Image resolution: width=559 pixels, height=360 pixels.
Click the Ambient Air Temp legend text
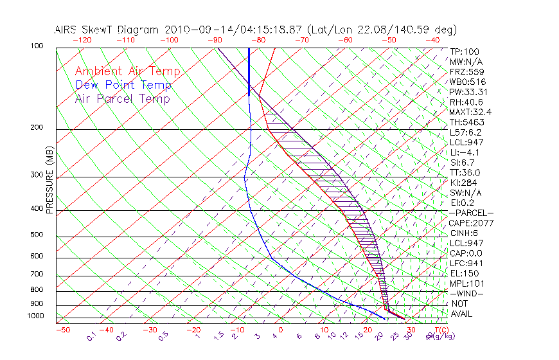(x=127, y=71)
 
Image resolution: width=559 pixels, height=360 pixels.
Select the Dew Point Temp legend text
(x=123, y=85)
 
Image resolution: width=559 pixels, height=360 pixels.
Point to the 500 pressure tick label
(x=37, y=236)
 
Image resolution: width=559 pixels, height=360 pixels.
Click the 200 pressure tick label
(x=37, y=128)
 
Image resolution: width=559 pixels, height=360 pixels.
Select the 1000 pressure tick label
(x=35, y=316)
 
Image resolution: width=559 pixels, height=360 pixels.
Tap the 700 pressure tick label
(x=37, y=274)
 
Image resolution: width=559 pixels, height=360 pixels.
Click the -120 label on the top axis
(x=81, y=40)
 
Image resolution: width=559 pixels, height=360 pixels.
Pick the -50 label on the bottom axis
(x=63, y=329)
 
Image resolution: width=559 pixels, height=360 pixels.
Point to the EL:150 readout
(x=463, y=273)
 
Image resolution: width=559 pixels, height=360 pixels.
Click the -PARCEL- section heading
(x=471, y=213)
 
